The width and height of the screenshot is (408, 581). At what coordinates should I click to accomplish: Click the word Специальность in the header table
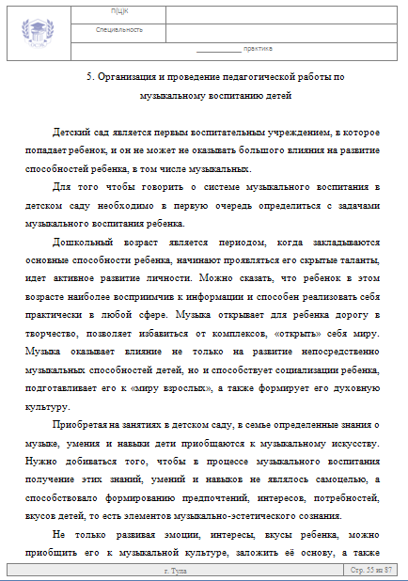(119, 30)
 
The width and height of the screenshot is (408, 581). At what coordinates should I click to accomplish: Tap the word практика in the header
(258, 48)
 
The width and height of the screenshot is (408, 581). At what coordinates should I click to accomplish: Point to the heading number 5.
(87, 77)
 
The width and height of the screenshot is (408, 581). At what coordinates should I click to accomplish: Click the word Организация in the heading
(127, 77)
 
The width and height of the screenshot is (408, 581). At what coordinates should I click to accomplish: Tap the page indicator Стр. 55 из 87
(369, 571)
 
